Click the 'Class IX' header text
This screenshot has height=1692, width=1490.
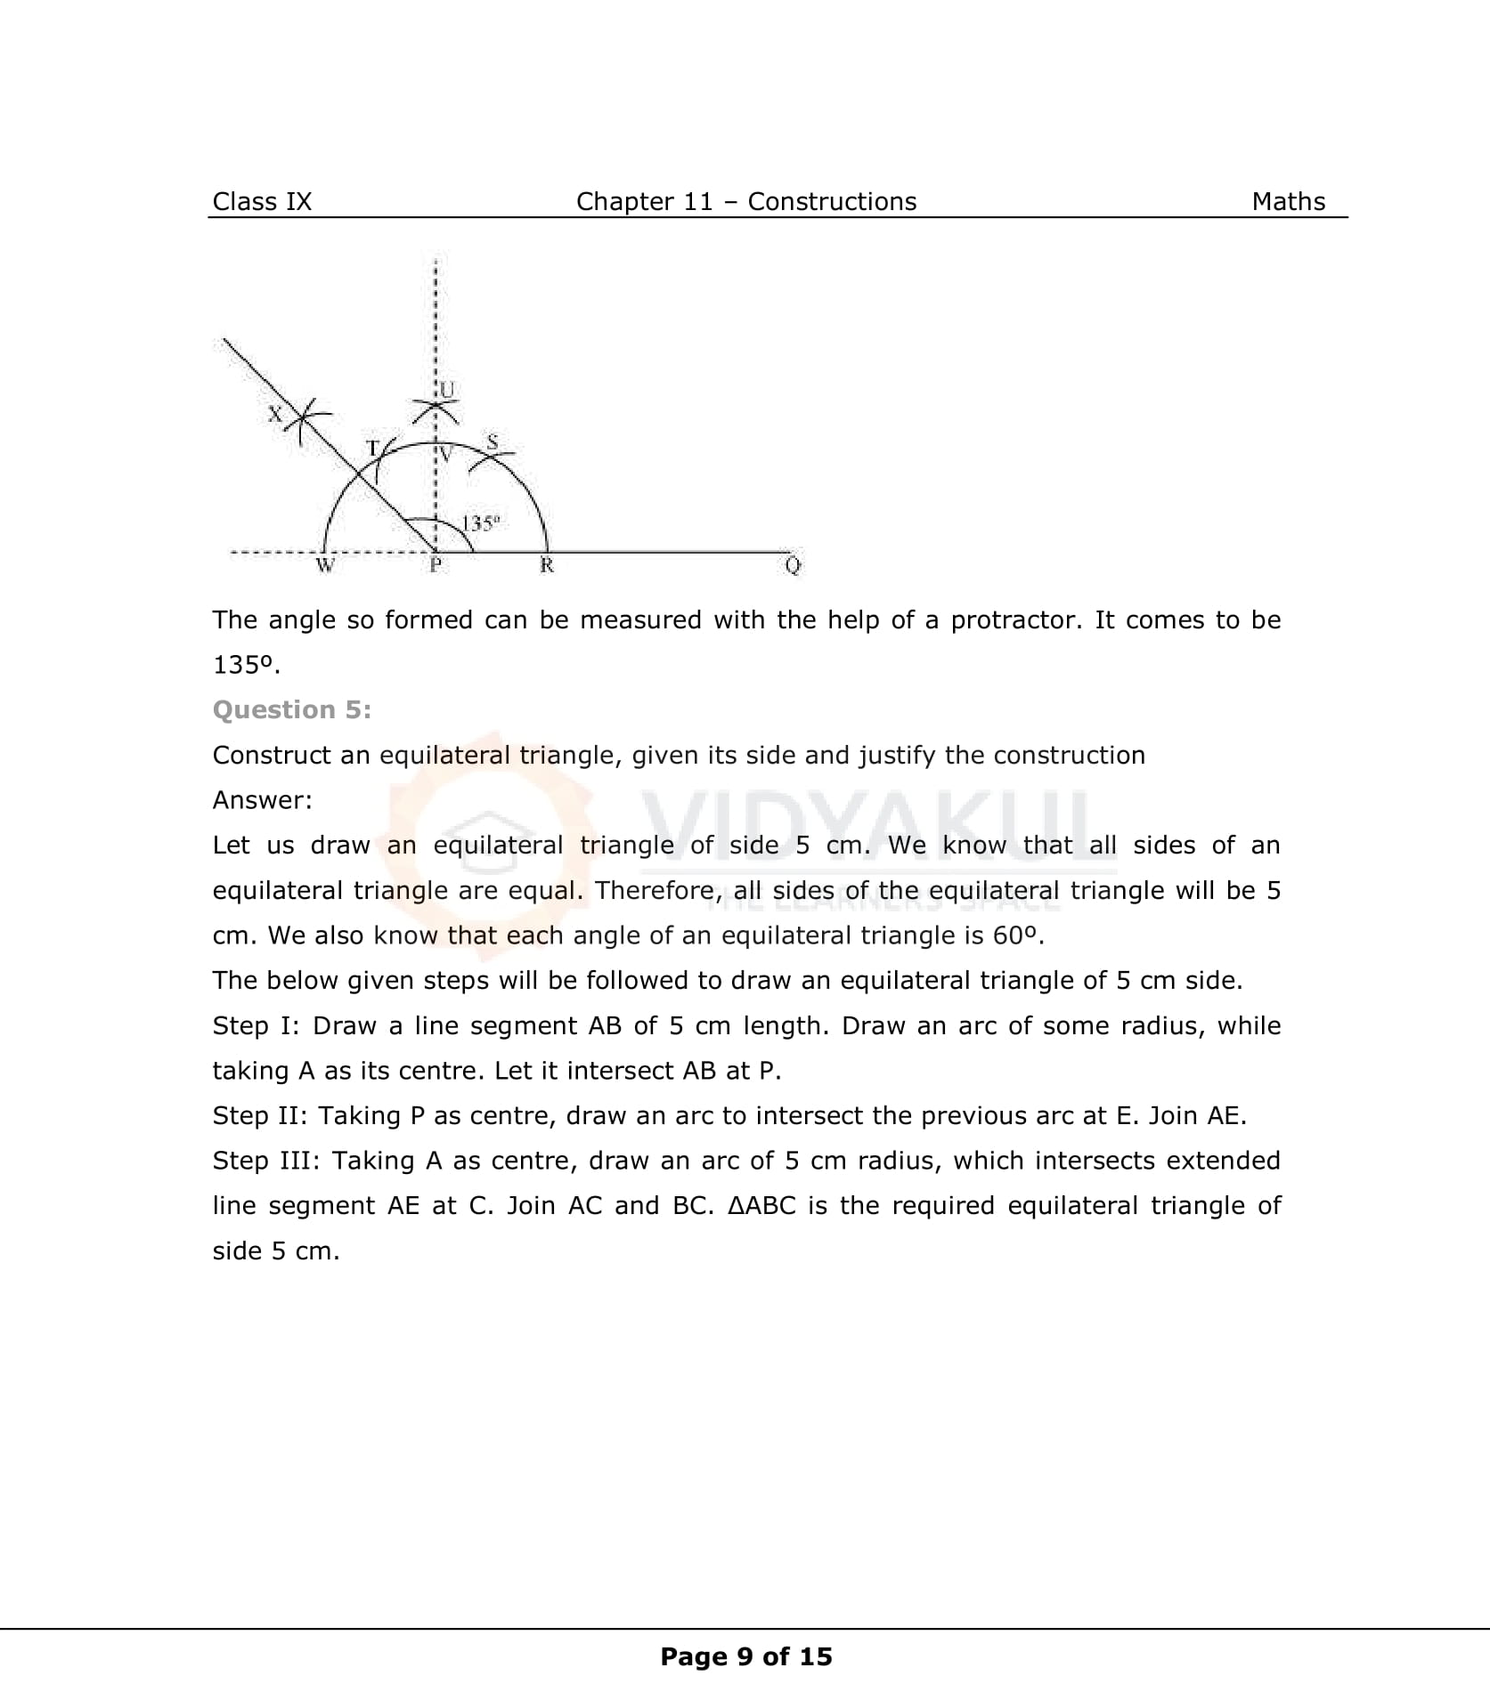click(x=262, y=202)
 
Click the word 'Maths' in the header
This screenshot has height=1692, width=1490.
click(x=1288, y=202)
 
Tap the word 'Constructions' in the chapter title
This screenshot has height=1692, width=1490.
click(x=831, y=202)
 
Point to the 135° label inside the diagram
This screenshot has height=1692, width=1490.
click(x=481, y=523)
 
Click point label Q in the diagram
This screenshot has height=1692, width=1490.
click(x=792, y=566)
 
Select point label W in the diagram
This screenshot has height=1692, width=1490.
click(x=325, y=566)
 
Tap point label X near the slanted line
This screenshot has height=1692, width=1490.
click(x=276, y=414)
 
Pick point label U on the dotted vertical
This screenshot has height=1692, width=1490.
click(x=447, y=390)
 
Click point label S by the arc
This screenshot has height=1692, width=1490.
click(x=493, y=441)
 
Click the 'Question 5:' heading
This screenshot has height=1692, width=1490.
click(x=291, y=710)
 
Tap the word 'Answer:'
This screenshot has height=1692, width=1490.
click(x=262, y=800)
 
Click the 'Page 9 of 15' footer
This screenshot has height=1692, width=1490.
click(x=745, y=1656)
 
